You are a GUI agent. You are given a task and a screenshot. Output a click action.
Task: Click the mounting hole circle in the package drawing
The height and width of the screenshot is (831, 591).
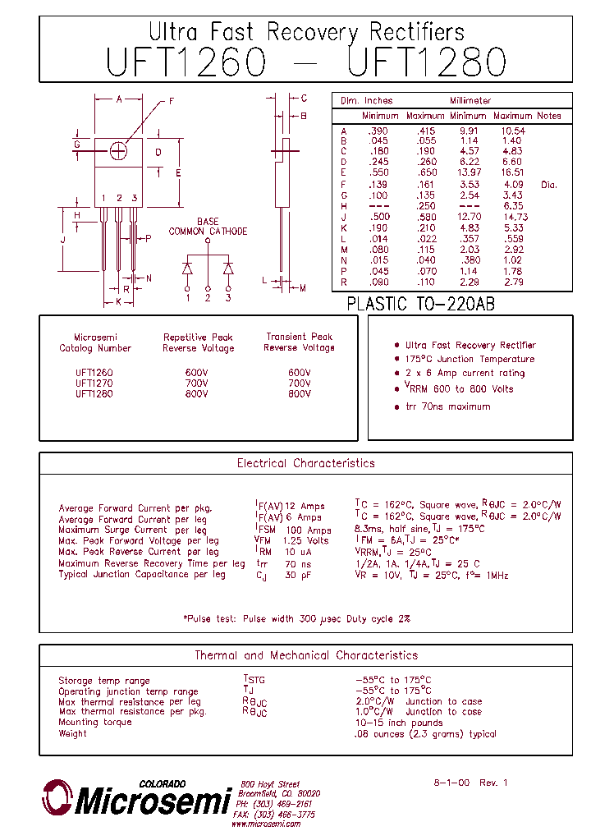click(x=118, y=152)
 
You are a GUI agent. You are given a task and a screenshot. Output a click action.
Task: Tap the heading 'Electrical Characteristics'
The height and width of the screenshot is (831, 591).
click(x=305, y=463)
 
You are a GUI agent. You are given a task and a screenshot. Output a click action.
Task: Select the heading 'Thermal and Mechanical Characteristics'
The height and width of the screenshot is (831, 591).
click(x=305, y=655)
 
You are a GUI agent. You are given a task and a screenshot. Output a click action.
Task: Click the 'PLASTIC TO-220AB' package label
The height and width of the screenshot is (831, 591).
click(x=420, y=304)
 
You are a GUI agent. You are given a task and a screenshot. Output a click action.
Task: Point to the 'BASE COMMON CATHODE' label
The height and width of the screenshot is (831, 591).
click(x=208, y=227)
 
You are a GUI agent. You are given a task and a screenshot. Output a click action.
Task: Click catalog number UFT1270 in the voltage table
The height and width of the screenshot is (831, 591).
click(x=94, y=383)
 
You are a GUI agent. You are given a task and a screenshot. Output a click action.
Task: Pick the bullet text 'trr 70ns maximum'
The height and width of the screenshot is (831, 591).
click(x=447, y=406)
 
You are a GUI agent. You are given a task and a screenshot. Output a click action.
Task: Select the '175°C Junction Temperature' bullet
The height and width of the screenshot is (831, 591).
click(x=470, y=359)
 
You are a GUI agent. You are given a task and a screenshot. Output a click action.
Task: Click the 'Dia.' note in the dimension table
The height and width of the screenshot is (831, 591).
click(x=548, y=185)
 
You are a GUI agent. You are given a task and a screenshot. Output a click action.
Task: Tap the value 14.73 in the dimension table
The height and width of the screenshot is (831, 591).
click(x=512, y=217)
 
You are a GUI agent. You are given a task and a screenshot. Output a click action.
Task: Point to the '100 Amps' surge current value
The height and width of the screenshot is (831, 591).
click(x=308, y=530)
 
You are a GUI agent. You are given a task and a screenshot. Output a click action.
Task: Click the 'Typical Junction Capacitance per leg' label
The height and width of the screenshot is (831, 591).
click(x=141, y=575)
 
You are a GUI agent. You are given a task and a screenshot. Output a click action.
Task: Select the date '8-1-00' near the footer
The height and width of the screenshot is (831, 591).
click(x=451, y=783)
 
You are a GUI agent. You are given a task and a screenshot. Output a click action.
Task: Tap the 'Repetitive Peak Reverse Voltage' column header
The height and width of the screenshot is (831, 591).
click(x=198, y=342)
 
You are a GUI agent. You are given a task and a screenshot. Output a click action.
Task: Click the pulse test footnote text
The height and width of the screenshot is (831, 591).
click(x=295, y=618)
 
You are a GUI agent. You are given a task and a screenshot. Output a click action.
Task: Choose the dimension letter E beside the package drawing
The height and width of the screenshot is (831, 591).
click(x=178, y=172)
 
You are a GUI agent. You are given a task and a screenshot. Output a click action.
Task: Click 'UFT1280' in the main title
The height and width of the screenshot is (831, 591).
click(x=428, y=62)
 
